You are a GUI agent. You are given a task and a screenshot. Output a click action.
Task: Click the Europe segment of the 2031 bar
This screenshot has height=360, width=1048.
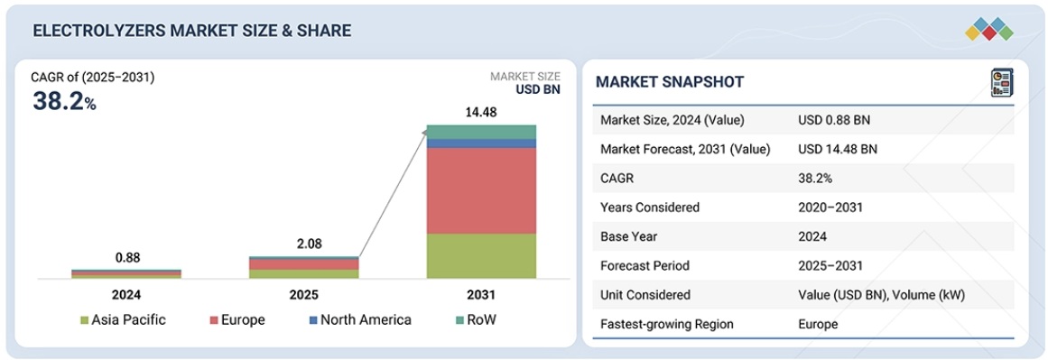[481, 190]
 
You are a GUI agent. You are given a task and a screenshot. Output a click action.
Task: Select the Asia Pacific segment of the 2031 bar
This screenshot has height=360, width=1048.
[481, 256]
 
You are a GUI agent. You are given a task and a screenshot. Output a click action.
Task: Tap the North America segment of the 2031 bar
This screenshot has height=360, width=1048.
[481, 143]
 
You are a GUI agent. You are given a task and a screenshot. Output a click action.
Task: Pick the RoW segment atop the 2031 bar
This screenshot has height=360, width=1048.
[481, 132]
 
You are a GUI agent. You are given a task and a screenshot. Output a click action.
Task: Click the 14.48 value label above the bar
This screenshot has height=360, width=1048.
[481, 112]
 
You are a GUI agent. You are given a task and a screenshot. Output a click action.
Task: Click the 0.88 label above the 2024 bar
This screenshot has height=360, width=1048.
[127, 258]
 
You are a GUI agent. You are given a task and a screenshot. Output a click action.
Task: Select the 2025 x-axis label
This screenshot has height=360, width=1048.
[304, 294]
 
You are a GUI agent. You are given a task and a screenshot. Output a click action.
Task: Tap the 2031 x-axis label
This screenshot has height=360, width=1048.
[481, 294]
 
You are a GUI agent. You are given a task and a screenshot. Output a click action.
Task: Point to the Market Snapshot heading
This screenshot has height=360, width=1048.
[670, 82]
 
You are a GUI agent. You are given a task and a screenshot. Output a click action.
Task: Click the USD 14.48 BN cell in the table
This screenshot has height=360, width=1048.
[838, 150]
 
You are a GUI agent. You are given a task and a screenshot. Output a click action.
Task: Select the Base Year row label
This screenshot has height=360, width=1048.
[629, 237]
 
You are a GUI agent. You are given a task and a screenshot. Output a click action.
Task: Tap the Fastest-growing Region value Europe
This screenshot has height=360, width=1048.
[818, 325]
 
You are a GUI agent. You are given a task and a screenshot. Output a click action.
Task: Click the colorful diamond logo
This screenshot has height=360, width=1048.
[989, 29]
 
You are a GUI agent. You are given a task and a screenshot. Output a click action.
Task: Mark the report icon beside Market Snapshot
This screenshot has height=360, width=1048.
[1001, 82]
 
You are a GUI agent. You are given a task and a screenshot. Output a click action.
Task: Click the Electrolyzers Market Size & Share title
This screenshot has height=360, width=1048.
[191, 31]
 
